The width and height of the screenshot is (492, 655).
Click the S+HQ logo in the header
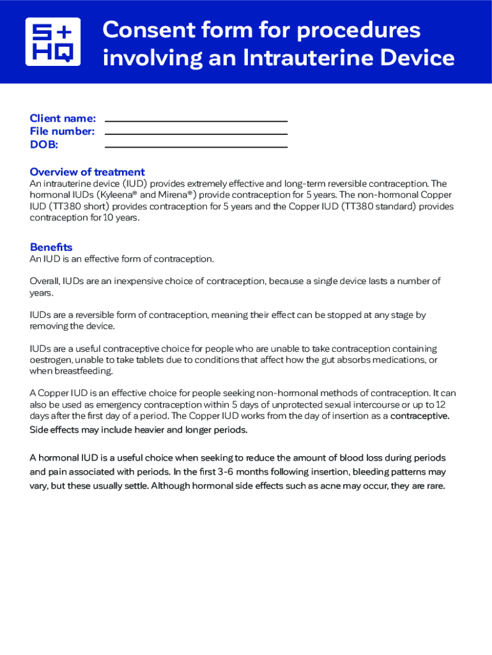click(53, 42)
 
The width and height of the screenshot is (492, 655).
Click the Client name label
click(63, 118)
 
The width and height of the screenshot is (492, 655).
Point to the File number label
click(62, 131)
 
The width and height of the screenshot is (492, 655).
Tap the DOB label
click(44, 145)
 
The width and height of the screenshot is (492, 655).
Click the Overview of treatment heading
click(87, 172)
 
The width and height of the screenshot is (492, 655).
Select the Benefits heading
click(51, 248)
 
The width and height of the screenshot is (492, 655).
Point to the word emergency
click(109, 405)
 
